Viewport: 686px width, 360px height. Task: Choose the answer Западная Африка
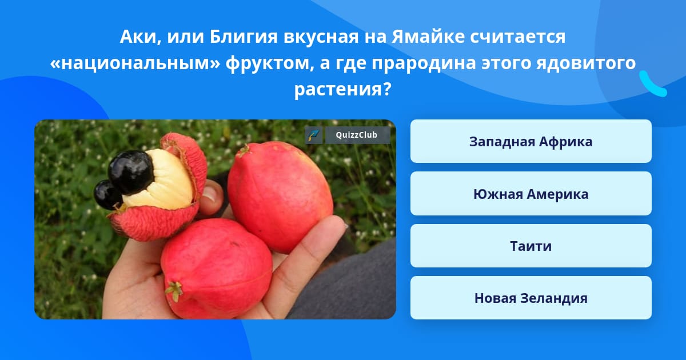(x=531, y=141)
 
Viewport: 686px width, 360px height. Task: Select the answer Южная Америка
(x=531, y=194)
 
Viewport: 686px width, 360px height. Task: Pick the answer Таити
(x=531, y=246)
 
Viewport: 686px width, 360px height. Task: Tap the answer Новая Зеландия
(x=531, y=298)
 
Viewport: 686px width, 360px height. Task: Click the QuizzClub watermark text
(x=356, y=135)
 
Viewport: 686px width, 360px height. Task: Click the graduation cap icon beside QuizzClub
(x=313, y=135)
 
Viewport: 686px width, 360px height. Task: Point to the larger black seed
(x=131, y=172)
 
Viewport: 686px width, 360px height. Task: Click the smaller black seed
(x=107, y=195)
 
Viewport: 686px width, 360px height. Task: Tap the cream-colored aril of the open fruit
(x=164, y=181)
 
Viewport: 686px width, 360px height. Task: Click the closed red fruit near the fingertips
(x=280, y=196)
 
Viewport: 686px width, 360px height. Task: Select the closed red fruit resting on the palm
(x=216, y=268)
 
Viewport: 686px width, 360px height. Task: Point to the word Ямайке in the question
(x=428, y=37)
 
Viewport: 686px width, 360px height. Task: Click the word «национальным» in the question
(x=135, y=63)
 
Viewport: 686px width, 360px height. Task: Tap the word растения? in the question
(x=342, y=89)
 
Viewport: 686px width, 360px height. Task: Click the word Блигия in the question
(x=244, y=37)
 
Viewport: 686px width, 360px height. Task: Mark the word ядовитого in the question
(x=586, y=63)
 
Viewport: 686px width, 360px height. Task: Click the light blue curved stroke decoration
(x=652, y=85)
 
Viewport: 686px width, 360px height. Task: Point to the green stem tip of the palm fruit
(x=174, y=290)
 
